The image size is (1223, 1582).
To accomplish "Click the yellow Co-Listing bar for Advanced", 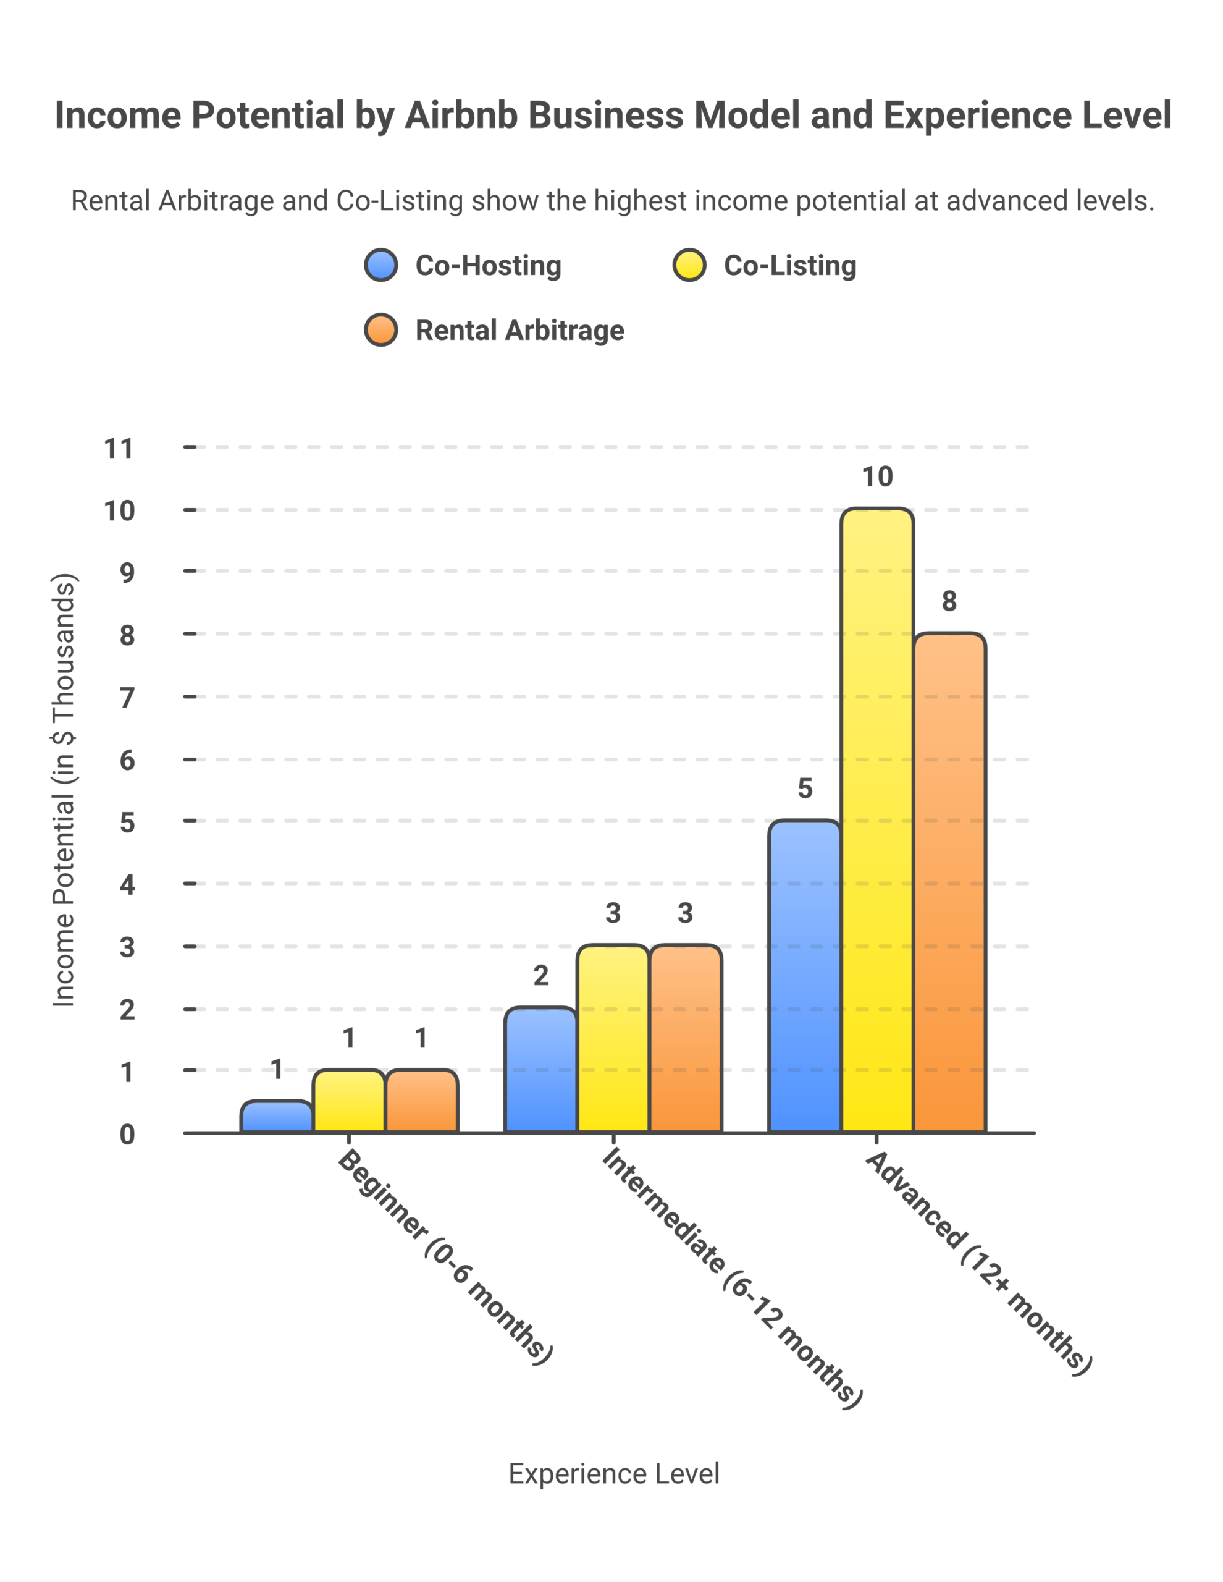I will tap(877, 819).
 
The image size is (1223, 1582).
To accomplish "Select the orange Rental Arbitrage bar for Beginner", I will tap(421, 1101).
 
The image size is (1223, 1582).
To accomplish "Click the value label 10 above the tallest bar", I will tap(877, 476).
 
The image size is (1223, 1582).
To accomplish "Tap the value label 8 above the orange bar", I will tap(949, 601).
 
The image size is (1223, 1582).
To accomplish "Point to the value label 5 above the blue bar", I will tap(804, 788).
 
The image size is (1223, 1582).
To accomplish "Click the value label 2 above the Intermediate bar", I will tap(540, 976).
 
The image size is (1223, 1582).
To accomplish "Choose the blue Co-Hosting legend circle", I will tap(381, 265).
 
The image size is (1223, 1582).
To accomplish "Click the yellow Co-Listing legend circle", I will tap(689, 265).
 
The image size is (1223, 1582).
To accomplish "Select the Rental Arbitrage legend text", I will tap(519, 331).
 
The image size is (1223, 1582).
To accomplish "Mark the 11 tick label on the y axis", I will tap(119, 449).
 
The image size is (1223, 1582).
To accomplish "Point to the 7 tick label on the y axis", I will tap(127, 698).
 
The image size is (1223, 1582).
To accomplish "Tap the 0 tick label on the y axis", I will tap(127, 1135).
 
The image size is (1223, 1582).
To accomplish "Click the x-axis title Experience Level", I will tap(613, 1473).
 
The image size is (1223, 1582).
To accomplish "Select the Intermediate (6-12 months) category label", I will tap(731, 1278).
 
